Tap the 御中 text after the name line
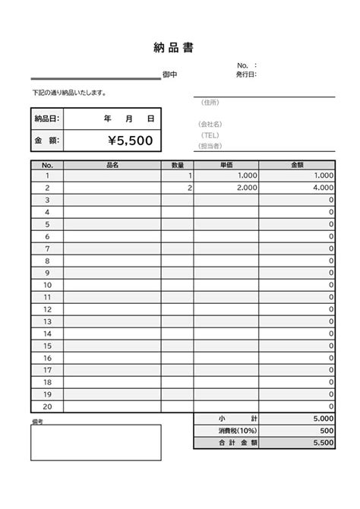(169, 75)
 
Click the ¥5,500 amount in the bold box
(130, 141)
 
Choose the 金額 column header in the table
(297, 164)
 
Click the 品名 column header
(112, 164)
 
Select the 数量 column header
(178, 164)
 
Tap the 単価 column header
(226, 164)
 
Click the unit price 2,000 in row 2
(247, 188)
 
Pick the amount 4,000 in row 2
(322, 188)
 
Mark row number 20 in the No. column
(47, 406)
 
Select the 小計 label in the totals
(226, 419)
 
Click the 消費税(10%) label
(226, 431)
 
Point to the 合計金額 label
(226, 443)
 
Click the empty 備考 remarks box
(96, 443)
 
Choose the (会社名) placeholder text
(210, 123)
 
